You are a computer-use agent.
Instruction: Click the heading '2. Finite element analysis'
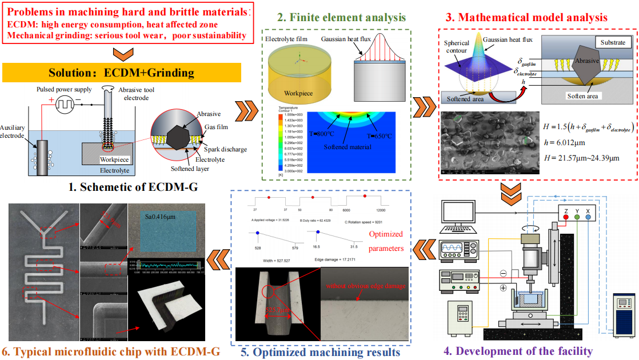[342, 17]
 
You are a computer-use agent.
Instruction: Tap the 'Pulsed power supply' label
[63, 90]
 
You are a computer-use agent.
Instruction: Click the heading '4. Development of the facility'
[525, 350]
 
